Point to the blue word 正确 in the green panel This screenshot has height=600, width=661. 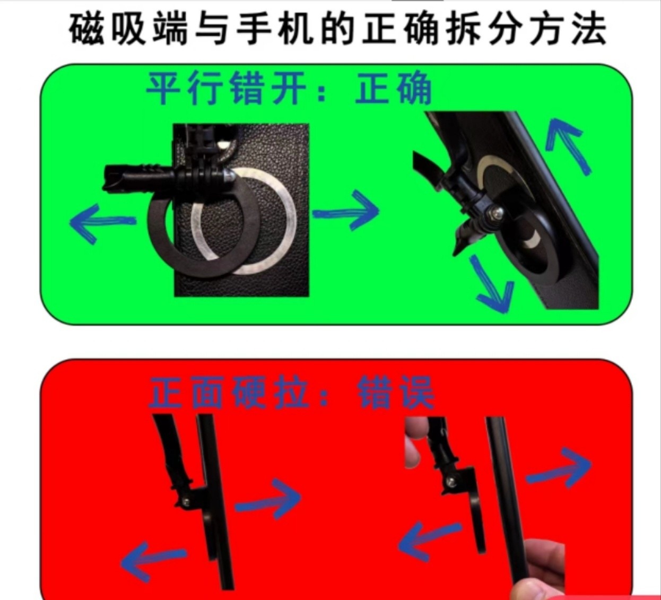click(x=394, y=89)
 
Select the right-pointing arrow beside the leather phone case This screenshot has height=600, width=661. click(x=346, y=212)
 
